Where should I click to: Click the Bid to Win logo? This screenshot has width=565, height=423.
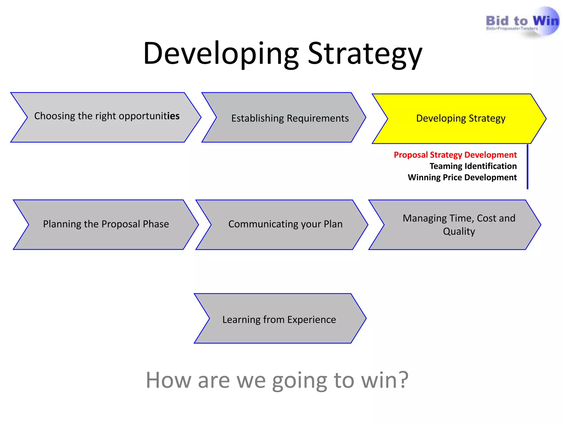[522, 22]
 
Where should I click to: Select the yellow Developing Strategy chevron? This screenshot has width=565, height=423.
[459, 118]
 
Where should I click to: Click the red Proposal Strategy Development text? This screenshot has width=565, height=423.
[455, 155]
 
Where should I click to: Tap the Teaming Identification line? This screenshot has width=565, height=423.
[473, 166]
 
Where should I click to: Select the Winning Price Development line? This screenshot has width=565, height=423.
[462, 177]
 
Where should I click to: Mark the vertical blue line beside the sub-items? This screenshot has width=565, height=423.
[527, 167]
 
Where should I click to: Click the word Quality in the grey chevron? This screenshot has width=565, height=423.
[459, 231]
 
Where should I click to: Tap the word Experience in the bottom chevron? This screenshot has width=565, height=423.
[311, 320]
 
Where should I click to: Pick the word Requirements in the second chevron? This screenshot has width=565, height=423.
[318, 118]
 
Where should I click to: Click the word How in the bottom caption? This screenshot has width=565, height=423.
[168, 380]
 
